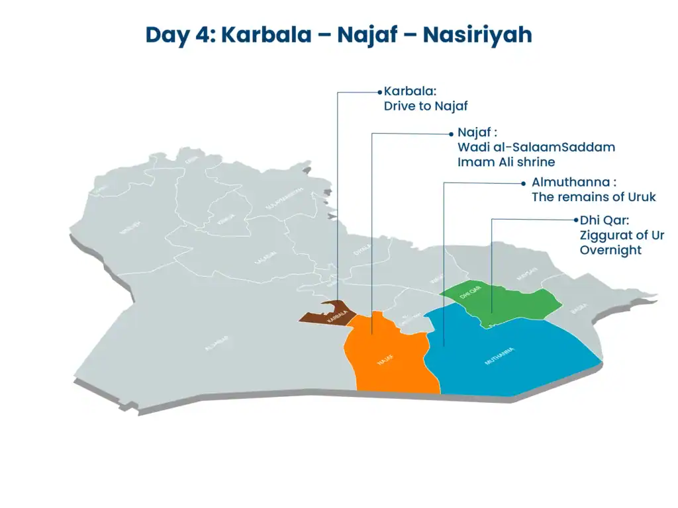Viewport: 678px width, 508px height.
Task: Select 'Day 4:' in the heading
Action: click(179, 34)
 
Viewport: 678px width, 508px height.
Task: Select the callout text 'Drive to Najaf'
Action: click(426, 106)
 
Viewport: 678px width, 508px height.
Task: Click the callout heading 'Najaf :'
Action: click(477, 132)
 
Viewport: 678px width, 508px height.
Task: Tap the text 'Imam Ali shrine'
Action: click(506, 161)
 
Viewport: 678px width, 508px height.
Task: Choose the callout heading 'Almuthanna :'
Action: click(574, 182)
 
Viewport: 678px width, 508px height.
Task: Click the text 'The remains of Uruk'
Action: click(593, 196)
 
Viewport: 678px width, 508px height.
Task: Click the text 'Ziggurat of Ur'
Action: click(622, 235)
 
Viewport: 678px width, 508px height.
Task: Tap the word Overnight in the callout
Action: click(610, 250)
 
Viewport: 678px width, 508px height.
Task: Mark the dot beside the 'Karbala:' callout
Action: click(380, 92)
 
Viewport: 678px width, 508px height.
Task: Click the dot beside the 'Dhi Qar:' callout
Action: click(575, 220)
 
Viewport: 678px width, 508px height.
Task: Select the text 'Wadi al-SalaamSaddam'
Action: click(536, 147)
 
